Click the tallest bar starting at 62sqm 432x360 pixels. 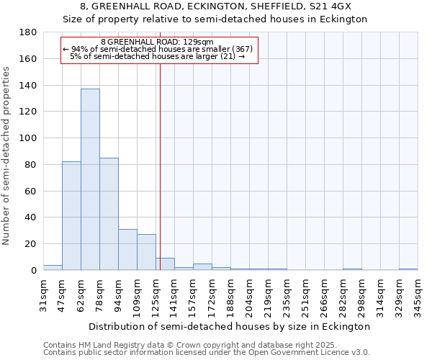point(90,180)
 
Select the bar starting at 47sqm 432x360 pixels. point(71,216)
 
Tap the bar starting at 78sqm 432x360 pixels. point(109,214)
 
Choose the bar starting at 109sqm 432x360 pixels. point(146,252)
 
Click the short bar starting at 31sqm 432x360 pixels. point(53,268)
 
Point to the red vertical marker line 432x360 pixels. point(160,166)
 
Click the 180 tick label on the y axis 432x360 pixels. point(28,32)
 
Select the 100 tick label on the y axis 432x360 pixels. point(28,138)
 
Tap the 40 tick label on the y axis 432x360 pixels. point(31,217)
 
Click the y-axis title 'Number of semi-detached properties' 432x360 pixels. point(7,156)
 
